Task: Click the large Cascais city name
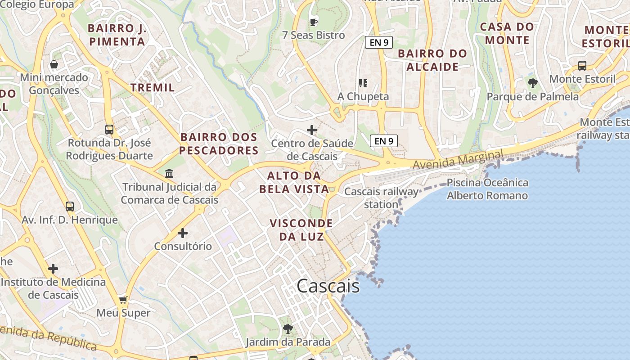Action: [x=328, y=286]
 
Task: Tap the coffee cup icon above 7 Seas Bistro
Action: [x=314, y=22]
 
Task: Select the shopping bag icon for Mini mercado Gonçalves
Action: [x=54, y=64]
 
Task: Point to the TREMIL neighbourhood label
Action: [x=153, y=87]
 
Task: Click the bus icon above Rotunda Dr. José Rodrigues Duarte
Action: [x=109, y=130]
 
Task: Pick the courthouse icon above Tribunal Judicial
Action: [x=169, y=173]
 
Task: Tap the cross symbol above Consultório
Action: [x=183, y=233]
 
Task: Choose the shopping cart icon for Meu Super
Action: [x=123, y=300]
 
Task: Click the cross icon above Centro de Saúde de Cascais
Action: [x=312, y=130]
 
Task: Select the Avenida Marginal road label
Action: [x=458, y=160]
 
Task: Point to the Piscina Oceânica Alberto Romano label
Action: [x=487, y=189]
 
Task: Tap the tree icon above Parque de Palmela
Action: [x=533, y=83]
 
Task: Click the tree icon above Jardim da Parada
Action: [x=288, y=329]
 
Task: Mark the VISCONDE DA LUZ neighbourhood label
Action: [x=301, y=229]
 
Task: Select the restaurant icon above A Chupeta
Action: [x=363, y=83]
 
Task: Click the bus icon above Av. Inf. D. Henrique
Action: [x=70, y=207]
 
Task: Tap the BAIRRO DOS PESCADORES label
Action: [x=219, y=144]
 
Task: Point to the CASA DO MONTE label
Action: [x=507, y=33]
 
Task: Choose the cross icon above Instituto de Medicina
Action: [x=53, y=269]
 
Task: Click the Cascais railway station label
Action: [x=381, y=198]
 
